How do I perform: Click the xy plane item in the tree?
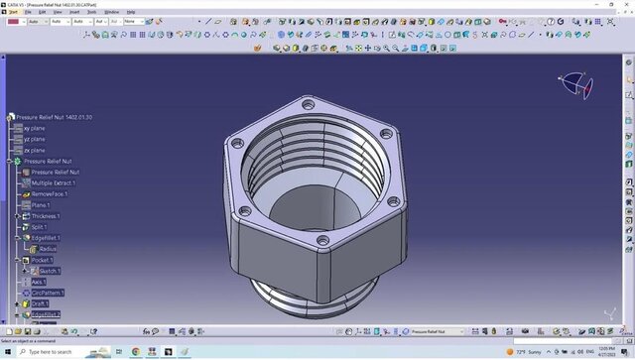tap(35, 128)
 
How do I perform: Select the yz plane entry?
tap(35, 139)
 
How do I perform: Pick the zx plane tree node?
tap(35, 150)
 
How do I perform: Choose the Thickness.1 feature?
tap(46, 215)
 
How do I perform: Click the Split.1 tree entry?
tap(40, 226)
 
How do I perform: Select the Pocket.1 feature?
tap(43, 259)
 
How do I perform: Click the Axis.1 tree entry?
tap(39, 282)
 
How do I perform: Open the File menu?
tap(29, 12)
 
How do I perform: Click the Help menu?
tap(131, 12)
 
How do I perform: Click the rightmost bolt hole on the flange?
tap(395, 203)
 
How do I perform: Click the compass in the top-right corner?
tap(575, 84)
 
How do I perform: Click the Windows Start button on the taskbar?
tap(8, 351)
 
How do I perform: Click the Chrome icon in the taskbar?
tap(135, 351)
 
